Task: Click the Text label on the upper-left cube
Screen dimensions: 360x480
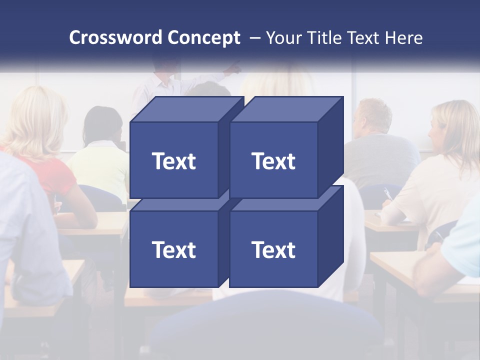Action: tap(173, 161)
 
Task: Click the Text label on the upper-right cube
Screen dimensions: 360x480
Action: tap(273, 161)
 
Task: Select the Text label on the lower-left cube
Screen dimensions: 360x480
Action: tap(173, 249)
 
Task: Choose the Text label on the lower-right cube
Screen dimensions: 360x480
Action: tap(273, 249)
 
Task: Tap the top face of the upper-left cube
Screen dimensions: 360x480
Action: tap(186, 109)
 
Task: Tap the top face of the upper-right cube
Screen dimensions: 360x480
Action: tap(286, 109)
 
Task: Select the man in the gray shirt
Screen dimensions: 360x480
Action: tap(380, 150)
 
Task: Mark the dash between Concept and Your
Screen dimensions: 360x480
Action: tap(254, 37)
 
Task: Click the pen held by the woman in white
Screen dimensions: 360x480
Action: tap(387, 194)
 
